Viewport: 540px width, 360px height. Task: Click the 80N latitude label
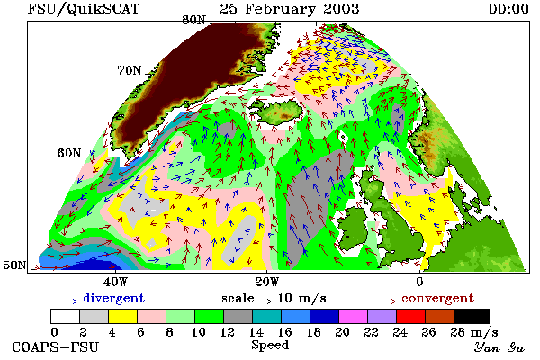193,20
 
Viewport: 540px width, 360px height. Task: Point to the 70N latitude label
130,70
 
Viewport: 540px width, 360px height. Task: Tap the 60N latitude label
69,153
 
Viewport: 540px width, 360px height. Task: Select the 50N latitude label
14,265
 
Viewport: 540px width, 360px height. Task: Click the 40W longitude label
115,282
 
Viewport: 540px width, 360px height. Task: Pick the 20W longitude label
267,282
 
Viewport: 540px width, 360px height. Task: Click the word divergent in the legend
114,298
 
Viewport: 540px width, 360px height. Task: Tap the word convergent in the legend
437,298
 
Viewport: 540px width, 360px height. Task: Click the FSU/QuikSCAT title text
84,9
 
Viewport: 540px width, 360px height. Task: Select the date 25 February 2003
289,9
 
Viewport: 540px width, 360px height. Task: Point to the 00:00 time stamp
508,9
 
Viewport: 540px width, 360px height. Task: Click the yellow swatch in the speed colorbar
122,316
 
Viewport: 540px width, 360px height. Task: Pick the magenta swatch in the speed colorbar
354,316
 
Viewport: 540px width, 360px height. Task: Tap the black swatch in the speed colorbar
472,316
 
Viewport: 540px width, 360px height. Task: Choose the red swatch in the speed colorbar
411,316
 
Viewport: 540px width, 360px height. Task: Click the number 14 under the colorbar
256,332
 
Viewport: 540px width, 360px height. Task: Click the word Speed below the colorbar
270,346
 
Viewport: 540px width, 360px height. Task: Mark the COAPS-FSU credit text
56,346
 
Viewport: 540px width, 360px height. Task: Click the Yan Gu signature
499,347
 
